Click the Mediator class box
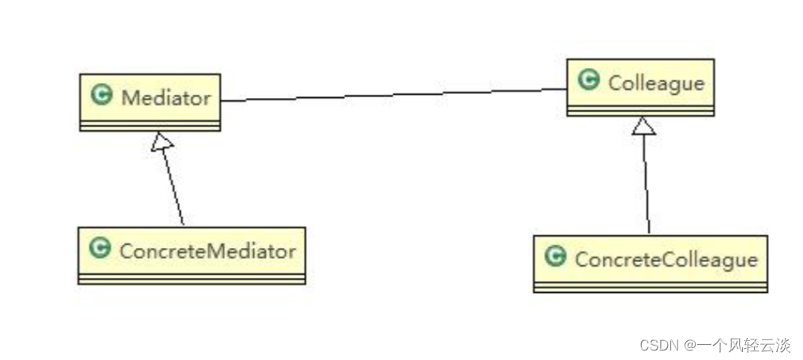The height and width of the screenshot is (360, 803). [x=149, y=102]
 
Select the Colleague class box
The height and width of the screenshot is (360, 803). [x=640, y=88]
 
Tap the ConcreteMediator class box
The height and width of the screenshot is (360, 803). [x=191, y=255]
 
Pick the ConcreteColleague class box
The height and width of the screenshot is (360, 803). [x=650, y=264]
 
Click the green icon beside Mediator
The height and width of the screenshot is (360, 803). [x=101, y=97]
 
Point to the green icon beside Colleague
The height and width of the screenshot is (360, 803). [x=588, y=81]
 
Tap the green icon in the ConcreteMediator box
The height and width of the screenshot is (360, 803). [x=99, y=249]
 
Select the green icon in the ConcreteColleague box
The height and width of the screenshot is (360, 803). [x=556, y=257]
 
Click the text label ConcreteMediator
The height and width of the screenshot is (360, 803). [x=208, y=251]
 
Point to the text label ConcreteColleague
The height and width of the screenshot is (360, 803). [x=666, y=259]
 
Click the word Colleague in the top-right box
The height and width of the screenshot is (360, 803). [x=655, y=82]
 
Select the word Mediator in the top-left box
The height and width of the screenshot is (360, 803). [x=166, y=99]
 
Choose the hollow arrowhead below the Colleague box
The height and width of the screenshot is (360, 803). [x=644, y=126]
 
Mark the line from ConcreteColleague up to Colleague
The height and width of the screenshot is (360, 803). [x=647, y=186]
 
